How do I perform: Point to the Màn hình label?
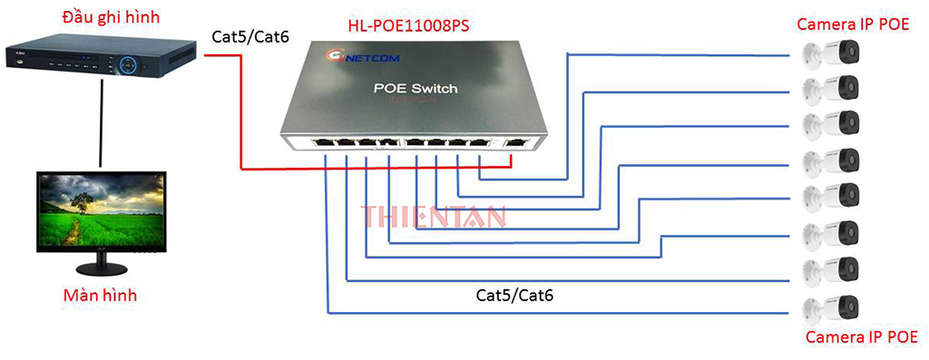point(101,296)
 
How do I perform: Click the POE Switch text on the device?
point(416,89)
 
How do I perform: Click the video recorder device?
point(98,56)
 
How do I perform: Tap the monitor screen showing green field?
point(100,209)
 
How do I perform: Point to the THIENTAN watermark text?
point(434,216)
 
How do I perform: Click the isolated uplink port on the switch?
point(516,143)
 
